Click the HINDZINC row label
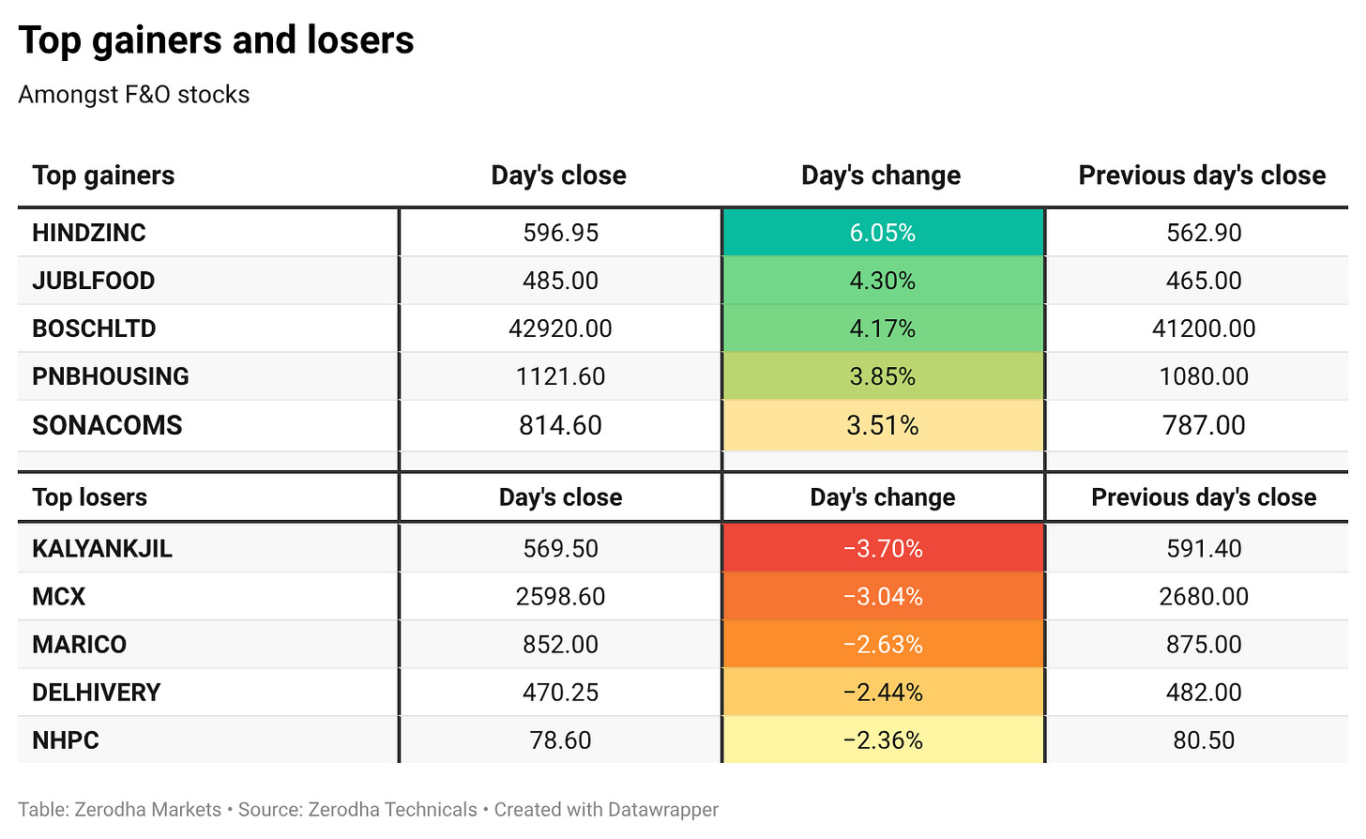tap(89, 233)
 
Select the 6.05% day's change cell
tap(883, 232)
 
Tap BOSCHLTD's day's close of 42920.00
tap(560, 328)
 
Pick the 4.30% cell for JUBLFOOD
tap(883, 280)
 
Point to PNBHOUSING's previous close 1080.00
tap(1203, 376)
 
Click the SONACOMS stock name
tap(107, 425)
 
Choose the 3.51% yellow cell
tap(883, 425)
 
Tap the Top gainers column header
tap(103, 175)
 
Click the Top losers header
tap(90, 497)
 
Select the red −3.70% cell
tap(883, 548)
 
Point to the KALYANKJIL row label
tap(102, 549)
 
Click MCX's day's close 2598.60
tap(560, 596)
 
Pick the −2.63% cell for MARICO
tap(883, 645)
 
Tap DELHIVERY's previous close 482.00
tap(1203, 693)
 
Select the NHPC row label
tap(66, 740)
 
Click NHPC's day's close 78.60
tap(560, 740)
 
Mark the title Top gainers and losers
tap(217, 40)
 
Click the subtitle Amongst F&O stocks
tap(134, 95)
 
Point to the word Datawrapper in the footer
tap(663, 810)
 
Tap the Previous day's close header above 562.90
tap(1202, 175)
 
